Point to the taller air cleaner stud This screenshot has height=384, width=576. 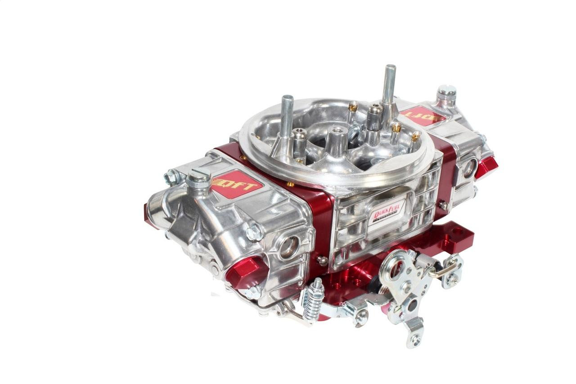coord(389,86)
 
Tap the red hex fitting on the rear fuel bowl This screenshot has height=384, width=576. coord(486,167)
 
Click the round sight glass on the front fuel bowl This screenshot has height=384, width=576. coord(289,247)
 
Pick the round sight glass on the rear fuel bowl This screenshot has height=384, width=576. coord(469,167)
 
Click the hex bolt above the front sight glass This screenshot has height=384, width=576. coord(255,232)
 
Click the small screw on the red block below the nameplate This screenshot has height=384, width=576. coord(322,260)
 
